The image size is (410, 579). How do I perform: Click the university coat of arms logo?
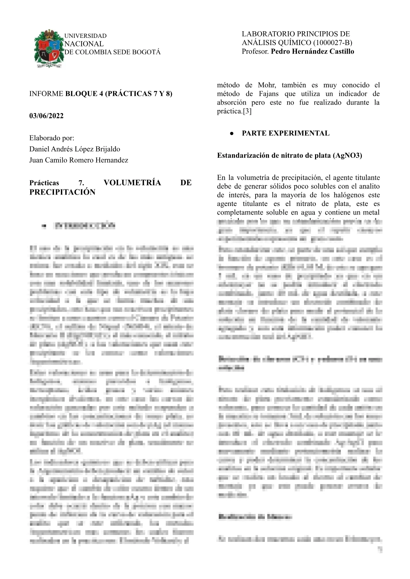point(49,49)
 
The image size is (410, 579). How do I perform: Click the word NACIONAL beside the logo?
point(84,44)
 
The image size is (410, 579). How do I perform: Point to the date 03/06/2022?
point(46,116)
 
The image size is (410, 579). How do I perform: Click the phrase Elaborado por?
point(52,138)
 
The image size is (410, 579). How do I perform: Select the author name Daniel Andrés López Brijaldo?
point(75,149)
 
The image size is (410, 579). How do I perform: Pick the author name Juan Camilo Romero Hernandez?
point(79,160)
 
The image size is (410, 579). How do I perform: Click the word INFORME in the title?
point(46,94)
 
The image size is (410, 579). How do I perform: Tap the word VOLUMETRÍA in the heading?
point(132,183)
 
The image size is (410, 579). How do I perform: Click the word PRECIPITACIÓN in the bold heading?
point(62,192)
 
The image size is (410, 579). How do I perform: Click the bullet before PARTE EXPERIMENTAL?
point(232,133)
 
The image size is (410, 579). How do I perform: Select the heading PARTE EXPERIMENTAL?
point(285,133)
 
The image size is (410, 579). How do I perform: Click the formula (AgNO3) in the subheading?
point(347,155)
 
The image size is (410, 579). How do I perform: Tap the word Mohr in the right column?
point(267,85)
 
